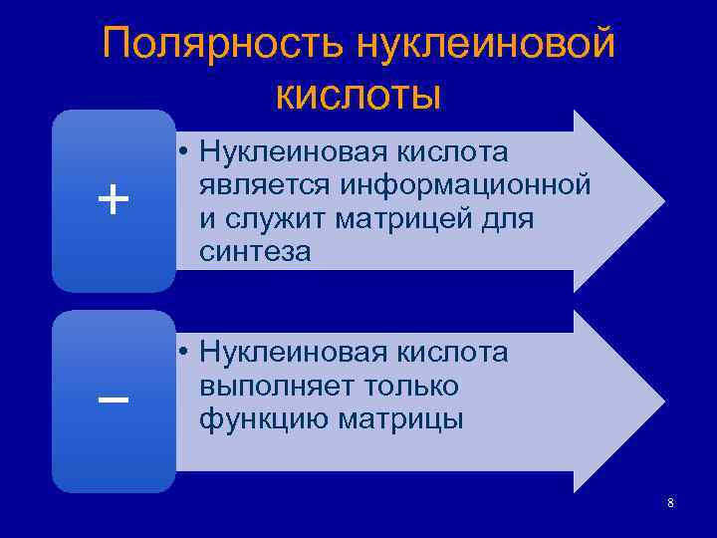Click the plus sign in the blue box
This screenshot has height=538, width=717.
click(113, 201)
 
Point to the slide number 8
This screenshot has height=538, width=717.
click(670, 503)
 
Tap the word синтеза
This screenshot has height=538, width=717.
click(255, 253)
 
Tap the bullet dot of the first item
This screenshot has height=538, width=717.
click(185, 153)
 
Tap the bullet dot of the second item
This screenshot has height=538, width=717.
click(185, 353)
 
